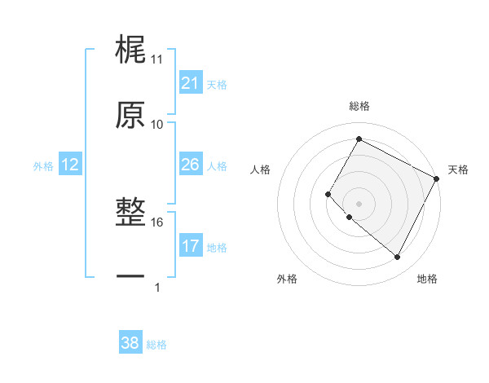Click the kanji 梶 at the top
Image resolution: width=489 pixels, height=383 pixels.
point(130,50)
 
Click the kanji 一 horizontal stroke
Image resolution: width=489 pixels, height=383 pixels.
point(130,277)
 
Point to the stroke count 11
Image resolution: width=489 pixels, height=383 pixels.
point(157,59)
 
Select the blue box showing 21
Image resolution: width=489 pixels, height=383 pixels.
point(190,83)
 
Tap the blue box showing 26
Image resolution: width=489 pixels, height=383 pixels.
point(190,165)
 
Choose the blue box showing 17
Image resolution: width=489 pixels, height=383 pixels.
point(190,246)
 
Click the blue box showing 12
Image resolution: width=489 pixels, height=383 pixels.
point(69,165)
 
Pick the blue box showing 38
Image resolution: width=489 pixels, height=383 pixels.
point(130,344)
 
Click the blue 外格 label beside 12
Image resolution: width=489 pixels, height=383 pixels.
point(43,165)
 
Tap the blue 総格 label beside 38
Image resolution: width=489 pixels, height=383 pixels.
point(156,345)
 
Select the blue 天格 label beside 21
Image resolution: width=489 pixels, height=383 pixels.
point(217,84)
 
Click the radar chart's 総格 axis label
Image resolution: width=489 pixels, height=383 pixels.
point(359,106)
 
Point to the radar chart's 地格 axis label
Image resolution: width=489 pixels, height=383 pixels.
point(427,279)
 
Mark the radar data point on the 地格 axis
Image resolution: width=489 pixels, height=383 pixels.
point(398,258)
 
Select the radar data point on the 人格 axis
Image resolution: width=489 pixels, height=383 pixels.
point(328,194)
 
